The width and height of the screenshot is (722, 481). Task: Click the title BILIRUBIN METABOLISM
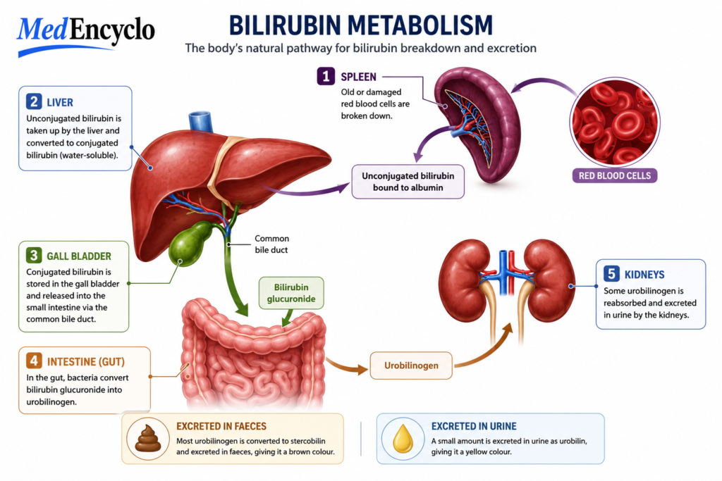pyautogui.click(x=360, y=25)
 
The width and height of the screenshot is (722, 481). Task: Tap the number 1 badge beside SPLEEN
pyautogui.click(x=326, y=76)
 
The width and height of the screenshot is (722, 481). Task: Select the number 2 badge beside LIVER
pyautogui.click(x=34, y=101)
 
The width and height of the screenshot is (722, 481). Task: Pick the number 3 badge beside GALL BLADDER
pyautogui.click(x=34, y=255)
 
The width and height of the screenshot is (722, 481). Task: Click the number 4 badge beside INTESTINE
pyautogui.click(x=34, y=361)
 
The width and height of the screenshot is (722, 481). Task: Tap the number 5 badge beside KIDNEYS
pyautogui.click(x=611, y=274)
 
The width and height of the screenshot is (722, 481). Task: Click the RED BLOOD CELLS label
pyautogui.click(x=615, y=175)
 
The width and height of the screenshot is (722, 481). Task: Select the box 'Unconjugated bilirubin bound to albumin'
pyautogui.click(x=408, y=182)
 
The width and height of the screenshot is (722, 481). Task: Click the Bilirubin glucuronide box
pyautogui.click(x=291, y=293)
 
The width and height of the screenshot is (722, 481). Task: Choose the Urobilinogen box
pyautogui.click(x=411, y=366)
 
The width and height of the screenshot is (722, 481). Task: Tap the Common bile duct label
pyautogui.click(x=271, y=244)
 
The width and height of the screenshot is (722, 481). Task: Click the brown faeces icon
pyautogui.click(x=148, y=439)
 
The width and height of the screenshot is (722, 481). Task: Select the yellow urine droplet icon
pyautogui.click(x=403, y=439)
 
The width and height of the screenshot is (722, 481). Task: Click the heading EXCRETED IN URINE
pyautogui.click(x=474, y=426)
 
